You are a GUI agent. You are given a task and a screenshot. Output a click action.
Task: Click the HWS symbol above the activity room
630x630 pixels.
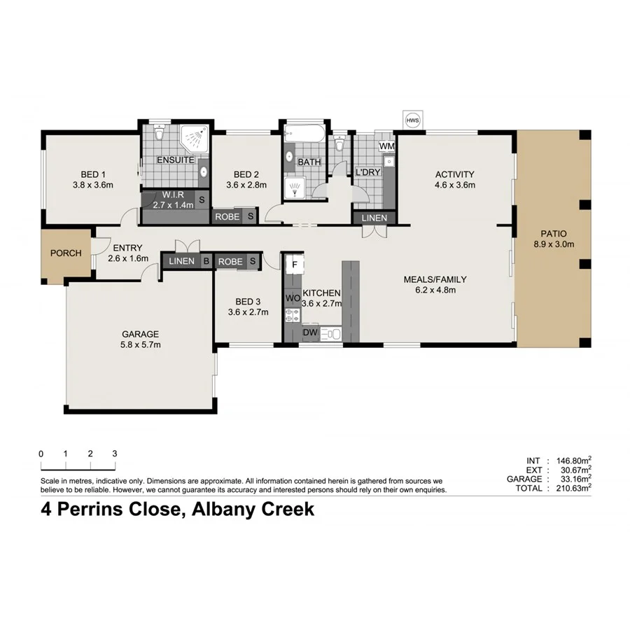pos(413,120)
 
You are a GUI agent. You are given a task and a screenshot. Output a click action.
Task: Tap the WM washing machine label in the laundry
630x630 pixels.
pos(386,146)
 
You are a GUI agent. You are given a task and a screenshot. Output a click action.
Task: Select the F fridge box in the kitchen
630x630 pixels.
pos(295,265)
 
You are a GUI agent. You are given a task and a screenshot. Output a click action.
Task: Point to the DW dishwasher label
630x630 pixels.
pos(310,332)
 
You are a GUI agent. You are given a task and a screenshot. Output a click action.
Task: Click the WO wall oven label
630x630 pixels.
pos(293,298)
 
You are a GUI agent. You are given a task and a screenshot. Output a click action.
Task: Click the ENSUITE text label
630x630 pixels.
pos(174,160)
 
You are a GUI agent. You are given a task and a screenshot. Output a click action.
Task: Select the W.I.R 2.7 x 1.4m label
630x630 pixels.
pos(172,199)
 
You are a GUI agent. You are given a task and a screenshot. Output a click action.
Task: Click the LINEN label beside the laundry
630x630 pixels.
pos(374,218)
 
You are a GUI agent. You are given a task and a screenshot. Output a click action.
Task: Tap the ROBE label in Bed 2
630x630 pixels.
pos(227,217)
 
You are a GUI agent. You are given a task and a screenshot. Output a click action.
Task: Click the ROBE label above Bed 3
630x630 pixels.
pos(230,262)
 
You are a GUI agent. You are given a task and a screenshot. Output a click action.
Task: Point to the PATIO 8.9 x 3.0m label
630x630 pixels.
pos(553,239)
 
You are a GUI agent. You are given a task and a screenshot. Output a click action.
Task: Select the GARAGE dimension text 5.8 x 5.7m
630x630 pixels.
pos(140,345)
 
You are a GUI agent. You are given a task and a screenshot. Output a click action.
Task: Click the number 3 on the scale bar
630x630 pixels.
pos(114,454)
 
